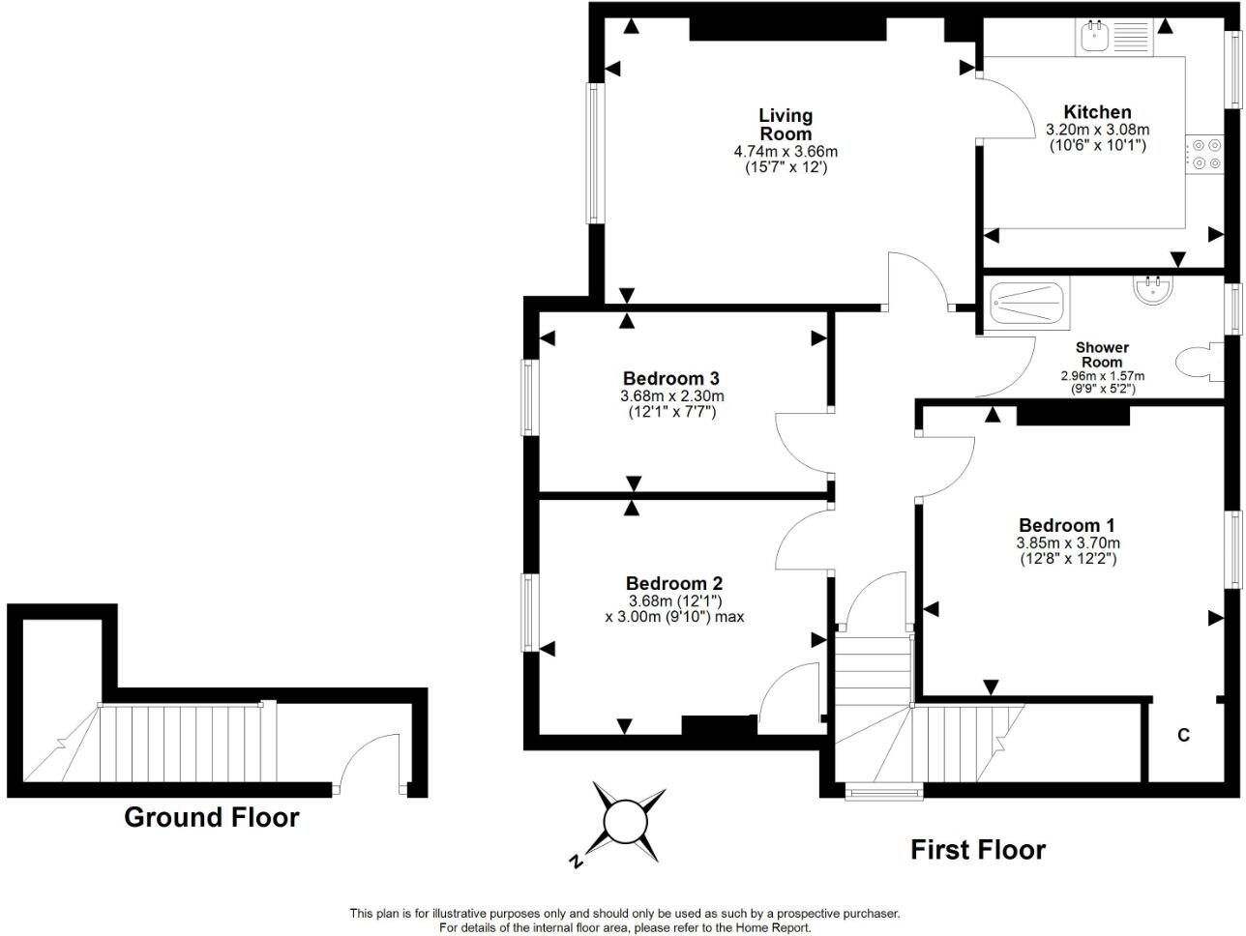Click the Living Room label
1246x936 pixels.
(x=786, y=125)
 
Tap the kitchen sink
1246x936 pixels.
(x=1091, y=37)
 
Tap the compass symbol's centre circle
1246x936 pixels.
(x=626, y=822)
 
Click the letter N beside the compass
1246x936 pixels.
(x=576, y=862)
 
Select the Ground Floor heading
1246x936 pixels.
(x=212, y=817)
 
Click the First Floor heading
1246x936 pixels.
(x=978, y=850)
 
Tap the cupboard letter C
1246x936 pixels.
(x=1183, y=735)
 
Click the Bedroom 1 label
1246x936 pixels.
(x=1067, y=525)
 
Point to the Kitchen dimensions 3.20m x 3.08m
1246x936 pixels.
(x=1098, y=130)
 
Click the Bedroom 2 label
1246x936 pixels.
(x=674, y=583)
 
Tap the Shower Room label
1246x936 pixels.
(x=1102, y=355)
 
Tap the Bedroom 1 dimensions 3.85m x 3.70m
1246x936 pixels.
(x=1068, y=542)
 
